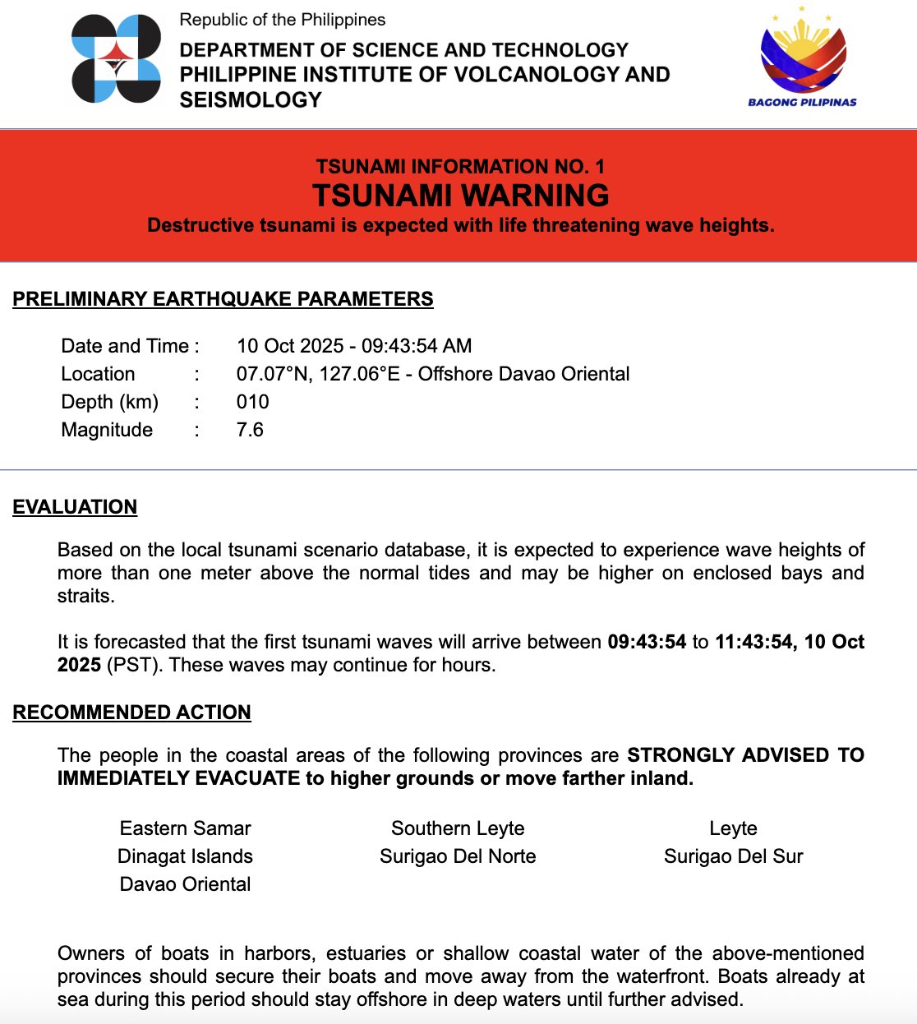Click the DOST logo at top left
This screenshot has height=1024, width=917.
116,59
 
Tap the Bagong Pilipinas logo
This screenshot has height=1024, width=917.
802,58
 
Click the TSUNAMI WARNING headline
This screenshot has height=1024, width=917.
460,196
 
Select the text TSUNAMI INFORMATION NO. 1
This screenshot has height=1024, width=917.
460,167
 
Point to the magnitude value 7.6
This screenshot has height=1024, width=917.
250,430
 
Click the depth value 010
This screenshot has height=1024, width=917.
252,402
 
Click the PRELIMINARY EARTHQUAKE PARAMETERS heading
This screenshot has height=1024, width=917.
223,299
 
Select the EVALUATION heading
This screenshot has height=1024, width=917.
75,507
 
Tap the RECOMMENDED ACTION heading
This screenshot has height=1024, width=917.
131,713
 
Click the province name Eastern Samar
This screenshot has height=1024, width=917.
185,828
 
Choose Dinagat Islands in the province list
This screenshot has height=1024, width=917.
185,856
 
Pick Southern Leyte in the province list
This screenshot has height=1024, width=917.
458,828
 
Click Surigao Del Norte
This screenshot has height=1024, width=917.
458,856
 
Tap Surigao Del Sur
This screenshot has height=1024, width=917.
733,856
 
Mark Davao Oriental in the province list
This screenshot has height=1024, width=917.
185,884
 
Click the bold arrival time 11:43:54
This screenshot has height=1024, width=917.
753,642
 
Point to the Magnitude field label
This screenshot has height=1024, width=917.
107,430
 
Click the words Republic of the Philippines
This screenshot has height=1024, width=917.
282,20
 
